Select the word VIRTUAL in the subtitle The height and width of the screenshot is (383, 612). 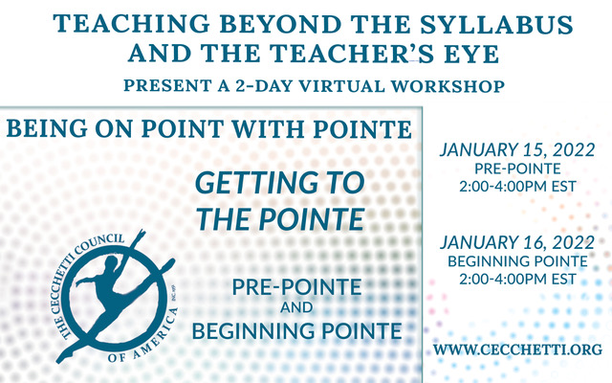341,86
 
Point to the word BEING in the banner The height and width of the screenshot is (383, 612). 47,128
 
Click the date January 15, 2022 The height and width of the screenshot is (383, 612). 517,149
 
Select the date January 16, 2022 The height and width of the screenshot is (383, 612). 517,242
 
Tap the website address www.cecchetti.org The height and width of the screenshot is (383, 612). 517,349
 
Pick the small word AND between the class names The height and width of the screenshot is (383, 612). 296,307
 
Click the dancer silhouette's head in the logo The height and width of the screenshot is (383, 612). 111,262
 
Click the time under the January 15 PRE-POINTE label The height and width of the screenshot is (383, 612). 517,187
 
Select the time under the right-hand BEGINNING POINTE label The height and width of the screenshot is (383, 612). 517,279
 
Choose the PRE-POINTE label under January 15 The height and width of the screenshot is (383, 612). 517,169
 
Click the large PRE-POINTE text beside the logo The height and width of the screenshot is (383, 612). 296,287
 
